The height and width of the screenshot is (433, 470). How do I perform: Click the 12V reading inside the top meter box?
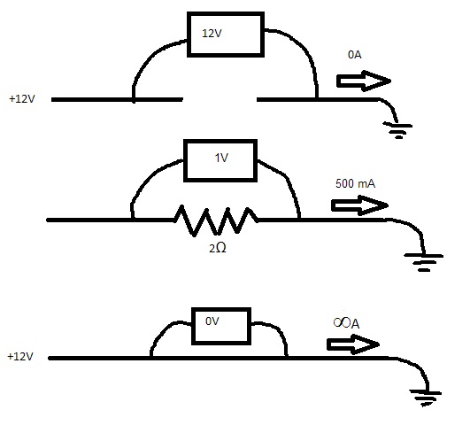click(x=212, y=34)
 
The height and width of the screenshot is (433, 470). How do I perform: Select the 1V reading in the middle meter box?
click(x=221, y=158)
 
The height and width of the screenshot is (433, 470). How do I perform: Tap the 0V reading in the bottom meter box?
click(x=212, y=321)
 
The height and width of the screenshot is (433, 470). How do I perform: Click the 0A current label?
click(x=355, y=55)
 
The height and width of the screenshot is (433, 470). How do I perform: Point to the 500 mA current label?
click(x=355, y=183)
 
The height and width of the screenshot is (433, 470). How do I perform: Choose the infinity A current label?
click(x=346, y=323)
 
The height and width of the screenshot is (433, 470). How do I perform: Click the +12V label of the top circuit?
click(x=22, y=98)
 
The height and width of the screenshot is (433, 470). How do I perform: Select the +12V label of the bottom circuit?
click(x=20, y=357)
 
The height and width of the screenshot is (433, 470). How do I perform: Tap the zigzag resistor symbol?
click(x=216, y=220)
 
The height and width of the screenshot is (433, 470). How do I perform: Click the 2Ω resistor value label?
click(x=218, y=248)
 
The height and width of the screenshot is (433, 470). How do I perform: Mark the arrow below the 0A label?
click(x=364, y=81)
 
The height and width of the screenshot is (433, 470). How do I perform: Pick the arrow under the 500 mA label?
click(x=359, y=205)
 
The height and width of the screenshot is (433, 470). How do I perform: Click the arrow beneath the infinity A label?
click(x=353, y=344)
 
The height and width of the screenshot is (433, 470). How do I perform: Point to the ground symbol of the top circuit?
click(x=397, y=129)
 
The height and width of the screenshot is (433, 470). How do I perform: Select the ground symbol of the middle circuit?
click(x=424, y=262)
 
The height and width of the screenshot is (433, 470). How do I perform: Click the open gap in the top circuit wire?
click(x=220, y=99)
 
